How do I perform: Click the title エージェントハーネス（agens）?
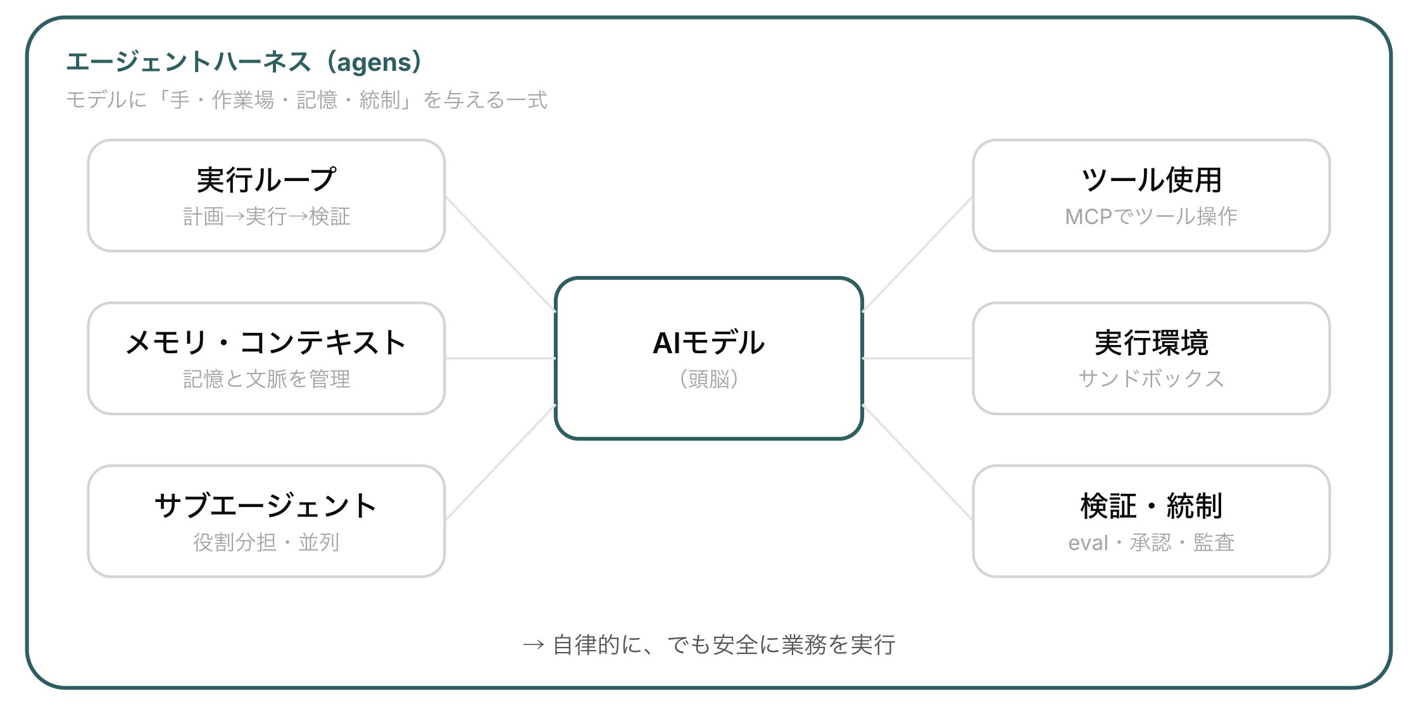244,62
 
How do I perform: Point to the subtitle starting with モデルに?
307,100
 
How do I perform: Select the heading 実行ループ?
267,180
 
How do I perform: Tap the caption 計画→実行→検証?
267,216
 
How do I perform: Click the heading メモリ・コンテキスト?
267,342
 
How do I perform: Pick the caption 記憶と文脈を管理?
267,379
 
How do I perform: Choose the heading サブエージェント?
267,506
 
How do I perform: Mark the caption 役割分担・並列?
267,542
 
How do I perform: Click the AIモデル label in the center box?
709,343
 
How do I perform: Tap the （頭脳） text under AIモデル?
709,379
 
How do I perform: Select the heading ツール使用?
1151,180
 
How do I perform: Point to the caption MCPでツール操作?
1151,216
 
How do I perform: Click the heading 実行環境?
1151,342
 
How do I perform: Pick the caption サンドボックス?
1151,379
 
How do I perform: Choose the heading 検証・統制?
1151,506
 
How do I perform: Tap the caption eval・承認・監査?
1151,542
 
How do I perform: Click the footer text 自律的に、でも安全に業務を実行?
724,645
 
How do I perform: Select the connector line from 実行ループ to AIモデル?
501,254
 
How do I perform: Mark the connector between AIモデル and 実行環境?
918,358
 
